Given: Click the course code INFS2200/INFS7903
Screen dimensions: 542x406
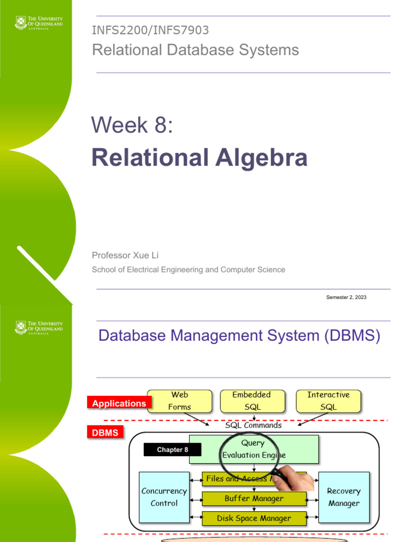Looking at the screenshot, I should point(150,31).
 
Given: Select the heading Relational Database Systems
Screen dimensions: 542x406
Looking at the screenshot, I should point(195,50).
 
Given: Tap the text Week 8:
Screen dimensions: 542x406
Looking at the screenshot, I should point(132,125).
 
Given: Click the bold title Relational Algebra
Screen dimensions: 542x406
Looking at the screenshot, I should point(199,157).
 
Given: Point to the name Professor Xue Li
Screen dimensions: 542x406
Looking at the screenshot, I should point(125,255).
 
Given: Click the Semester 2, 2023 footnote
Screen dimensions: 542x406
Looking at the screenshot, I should point(346,297).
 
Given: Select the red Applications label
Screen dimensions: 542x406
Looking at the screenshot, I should point(119,403).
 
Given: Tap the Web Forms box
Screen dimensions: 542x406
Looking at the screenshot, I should point(179,401).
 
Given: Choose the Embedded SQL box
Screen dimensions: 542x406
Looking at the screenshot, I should point(252,401).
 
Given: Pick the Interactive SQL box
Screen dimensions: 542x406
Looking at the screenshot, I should point(328,401).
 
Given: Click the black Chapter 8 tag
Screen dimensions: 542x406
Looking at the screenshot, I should point(172,450).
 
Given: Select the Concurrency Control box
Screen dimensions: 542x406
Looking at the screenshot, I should point(164,497).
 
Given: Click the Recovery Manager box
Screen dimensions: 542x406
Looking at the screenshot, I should point(344,497).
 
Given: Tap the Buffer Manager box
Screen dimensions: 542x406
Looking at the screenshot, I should point(254,499).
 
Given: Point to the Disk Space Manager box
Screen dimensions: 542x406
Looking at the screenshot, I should point(254,518).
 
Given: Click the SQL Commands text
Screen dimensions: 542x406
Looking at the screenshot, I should point(253,425).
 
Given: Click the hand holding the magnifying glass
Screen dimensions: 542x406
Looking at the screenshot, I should point(300,480).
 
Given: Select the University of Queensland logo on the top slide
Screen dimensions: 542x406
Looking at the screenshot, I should point(39,24).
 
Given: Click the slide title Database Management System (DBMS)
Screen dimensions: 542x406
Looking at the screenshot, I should point(239,336).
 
